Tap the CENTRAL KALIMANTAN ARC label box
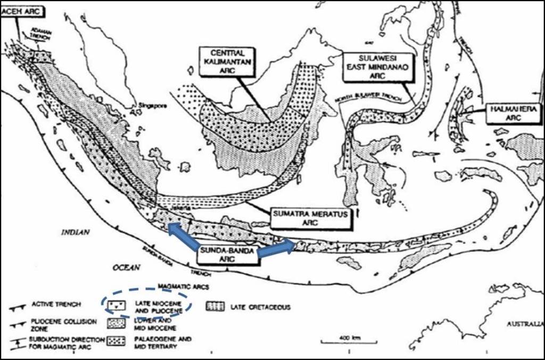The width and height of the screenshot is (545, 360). [x=227, y=63]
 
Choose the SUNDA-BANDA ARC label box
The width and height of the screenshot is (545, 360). [x=227, y=255]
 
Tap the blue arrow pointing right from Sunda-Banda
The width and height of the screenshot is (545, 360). [x=276, y=248]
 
